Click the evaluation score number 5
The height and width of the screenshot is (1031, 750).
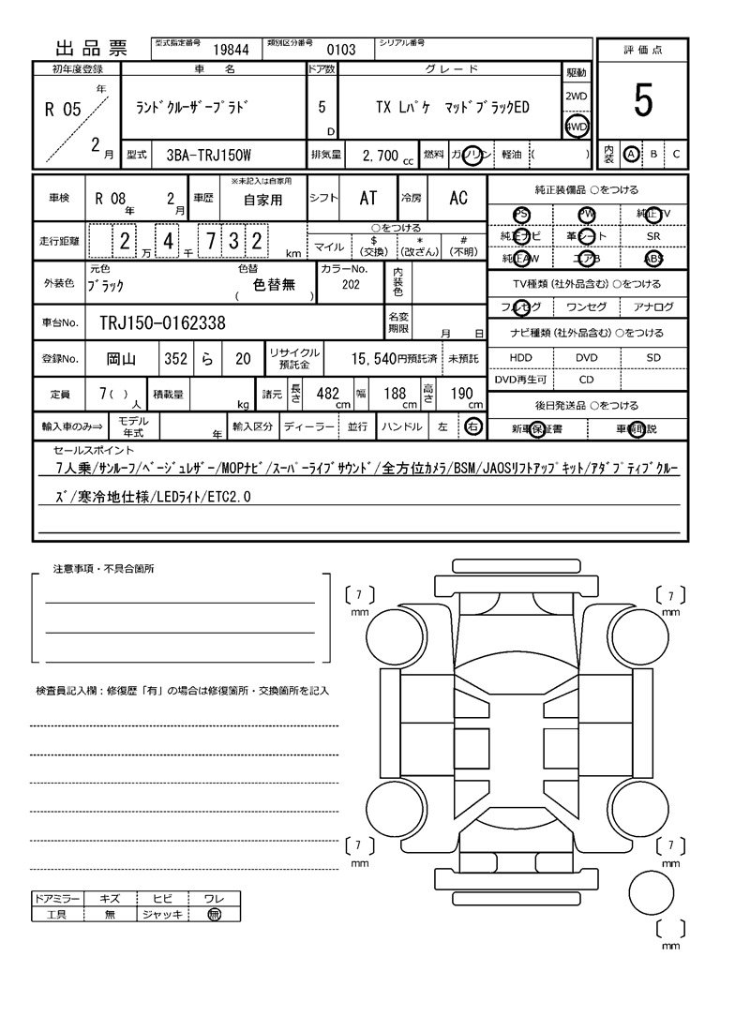pos(643,101)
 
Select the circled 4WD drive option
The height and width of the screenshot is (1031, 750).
pos(576,127)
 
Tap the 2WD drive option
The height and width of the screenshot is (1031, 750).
pos(576,97)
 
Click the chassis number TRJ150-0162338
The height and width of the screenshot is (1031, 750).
pos(162,323)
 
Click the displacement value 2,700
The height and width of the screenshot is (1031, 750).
pos(381,154)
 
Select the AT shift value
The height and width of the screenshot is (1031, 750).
pos(368,198)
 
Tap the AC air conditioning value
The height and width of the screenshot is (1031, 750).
pos(458,198)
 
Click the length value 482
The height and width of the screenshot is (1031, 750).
pos(327,395)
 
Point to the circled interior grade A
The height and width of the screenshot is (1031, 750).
pos(632,154)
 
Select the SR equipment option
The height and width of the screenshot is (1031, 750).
pos(653,237)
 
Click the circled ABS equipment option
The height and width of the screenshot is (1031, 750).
pos(653,259)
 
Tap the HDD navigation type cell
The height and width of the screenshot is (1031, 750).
pos(520,358)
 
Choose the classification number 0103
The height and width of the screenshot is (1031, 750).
pos(341,50)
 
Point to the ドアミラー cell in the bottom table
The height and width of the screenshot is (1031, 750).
pos(56,898)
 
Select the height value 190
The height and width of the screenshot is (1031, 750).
pos(461,395)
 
